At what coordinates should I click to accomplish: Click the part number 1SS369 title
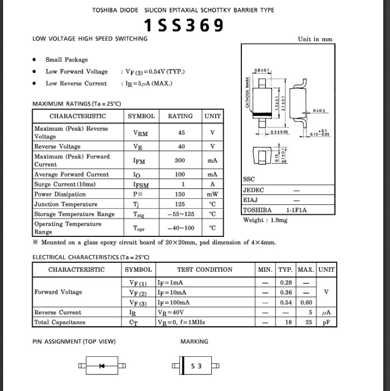point(184,25)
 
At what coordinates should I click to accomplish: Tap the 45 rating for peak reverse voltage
point(181,133)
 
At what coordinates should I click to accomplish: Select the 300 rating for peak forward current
point(180,161)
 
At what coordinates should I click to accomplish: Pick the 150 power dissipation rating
point(180,194)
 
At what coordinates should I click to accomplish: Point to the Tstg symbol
point(139,215)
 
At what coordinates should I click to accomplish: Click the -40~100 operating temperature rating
point(181,228)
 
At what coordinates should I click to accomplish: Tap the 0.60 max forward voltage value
point(306,303)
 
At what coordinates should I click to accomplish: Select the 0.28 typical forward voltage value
point(285,283)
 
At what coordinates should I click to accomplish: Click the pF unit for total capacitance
point(326,322)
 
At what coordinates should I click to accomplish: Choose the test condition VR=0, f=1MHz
point(181,322)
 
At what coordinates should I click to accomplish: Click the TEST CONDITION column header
point(205,269)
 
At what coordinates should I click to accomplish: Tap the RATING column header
point(180,116)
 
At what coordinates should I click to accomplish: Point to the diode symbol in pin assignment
point(102,366)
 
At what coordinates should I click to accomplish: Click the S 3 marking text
point(196,366)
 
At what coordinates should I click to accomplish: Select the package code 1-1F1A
point(296,210)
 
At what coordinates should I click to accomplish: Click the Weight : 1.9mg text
point(265,220)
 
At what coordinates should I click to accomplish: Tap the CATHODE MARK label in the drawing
point(248,93)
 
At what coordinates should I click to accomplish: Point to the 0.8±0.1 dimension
point(262,70)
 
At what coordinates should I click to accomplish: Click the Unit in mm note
point(315,39)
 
